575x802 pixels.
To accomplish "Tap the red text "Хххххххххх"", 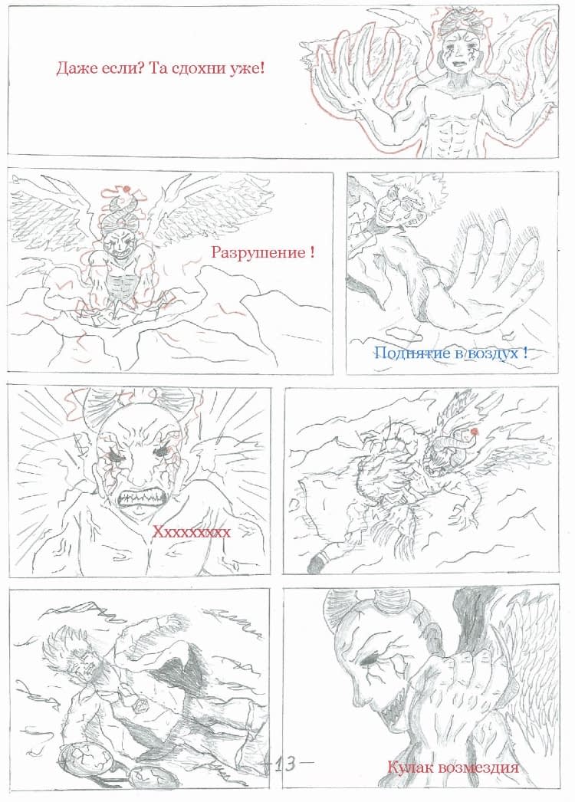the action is coord(192,532).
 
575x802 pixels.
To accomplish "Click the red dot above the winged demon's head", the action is coord(126,189).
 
